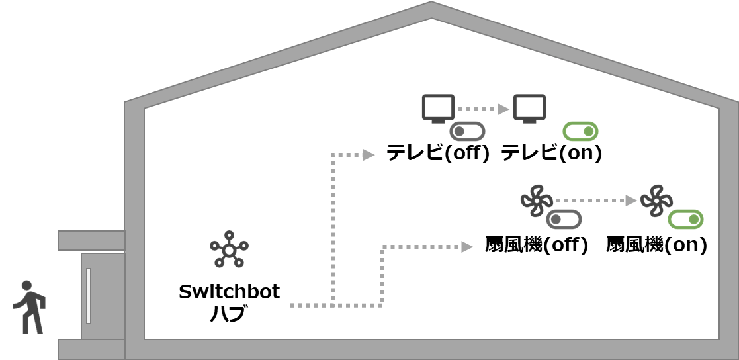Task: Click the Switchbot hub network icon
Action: [x=229, y=249]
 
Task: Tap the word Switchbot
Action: [x=229, y=292]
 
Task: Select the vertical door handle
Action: [x=89, y=296]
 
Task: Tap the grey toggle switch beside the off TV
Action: [x=467, y=131]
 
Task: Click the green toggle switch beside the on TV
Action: [x=580, y=131]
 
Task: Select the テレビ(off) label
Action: [x=438, y=154]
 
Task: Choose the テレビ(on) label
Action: [x=551, y=154]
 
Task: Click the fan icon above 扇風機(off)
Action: [x=536, y=201]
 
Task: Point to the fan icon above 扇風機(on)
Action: [x=656, y=201]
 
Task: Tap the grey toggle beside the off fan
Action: [x=564, y=219]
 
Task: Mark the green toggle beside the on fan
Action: [x=685, y=219]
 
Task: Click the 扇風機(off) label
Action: [x=537, y=245]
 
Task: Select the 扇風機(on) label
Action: [x=656, y=245]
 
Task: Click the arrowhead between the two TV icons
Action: [x=503, y=109]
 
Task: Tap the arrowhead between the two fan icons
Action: [x=631, y=200]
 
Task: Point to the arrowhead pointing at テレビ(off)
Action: [x=369, y=155]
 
